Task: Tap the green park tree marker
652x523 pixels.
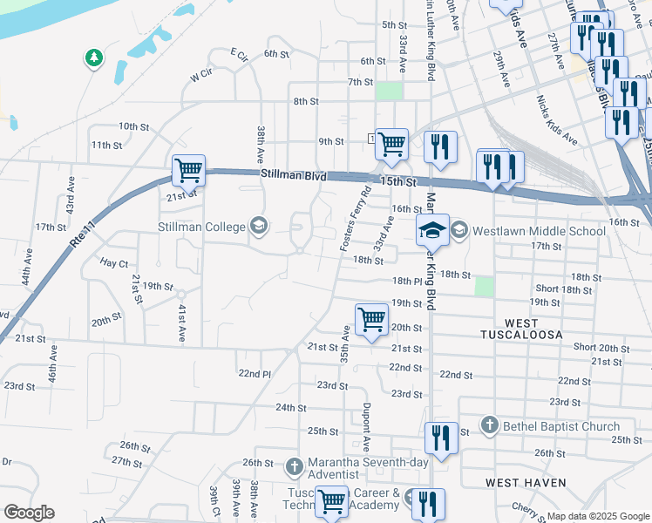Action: click(93, 58)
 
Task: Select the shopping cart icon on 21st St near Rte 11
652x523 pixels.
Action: click(187, 170)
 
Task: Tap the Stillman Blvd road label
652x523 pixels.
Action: click(293, 176)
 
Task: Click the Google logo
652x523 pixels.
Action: click(29, 513)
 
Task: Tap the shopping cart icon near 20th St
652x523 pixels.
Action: click(371, 319)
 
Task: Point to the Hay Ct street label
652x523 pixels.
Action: click(113, 262)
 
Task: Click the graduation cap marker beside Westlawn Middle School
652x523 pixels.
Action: click(432, 231)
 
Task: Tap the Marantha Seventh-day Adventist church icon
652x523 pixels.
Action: click(294, 467)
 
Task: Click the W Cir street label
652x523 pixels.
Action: click(200, 76)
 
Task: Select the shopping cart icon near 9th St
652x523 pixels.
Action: click(391, 143)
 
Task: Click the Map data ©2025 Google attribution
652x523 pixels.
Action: click(597, 516)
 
